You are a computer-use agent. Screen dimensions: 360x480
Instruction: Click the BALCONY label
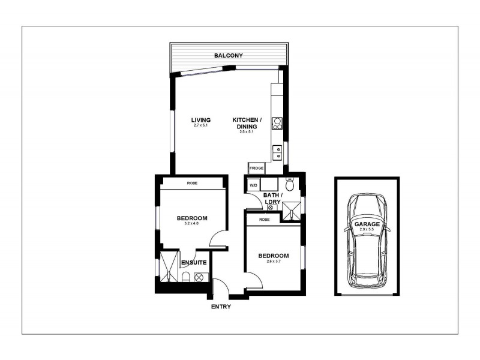229,56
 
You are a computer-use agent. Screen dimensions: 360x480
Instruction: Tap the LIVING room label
201,120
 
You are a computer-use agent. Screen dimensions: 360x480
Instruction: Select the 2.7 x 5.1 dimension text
201,125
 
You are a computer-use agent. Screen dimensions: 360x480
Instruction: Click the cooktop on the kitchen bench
277,123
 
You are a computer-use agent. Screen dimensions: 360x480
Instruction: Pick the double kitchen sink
277,152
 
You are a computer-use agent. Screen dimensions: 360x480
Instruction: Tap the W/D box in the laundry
253,185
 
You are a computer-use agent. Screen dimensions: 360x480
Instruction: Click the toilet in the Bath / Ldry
290,185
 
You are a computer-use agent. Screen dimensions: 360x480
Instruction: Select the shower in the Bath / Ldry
292,209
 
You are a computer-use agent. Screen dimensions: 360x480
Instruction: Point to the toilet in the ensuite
185,277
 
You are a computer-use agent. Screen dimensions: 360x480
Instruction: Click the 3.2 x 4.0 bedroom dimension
192,224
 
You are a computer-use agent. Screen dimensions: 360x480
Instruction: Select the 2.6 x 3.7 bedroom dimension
273,262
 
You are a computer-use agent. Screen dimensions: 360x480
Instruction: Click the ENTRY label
220,307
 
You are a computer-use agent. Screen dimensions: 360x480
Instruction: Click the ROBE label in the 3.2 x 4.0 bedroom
192,183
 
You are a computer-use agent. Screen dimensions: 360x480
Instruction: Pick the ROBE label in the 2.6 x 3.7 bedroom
264,220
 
